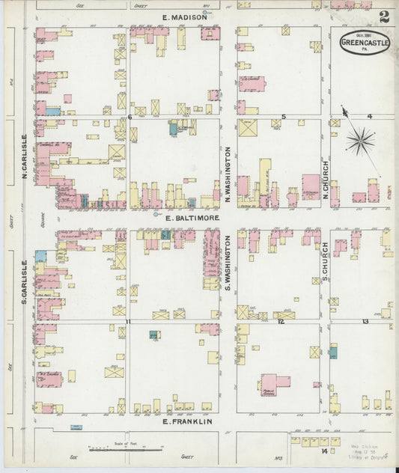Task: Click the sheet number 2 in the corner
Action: (x=384, y=16)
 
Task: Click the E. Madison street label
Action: (x=184, y=16)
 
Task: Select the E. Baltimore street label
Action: (x=192, y=218)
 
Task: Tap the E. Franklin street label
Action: (x=187, y=422)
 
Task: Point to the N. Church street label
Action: (x=326, y=180)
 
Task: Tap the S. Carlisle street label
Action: (x=24, y=281)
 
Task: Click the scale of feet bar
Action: (x=111, y=450)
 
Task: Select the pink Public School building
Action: (x=274, y=383)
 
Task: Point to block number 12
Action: (x=281, y=322)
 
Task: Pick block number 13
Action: (x=365, y=322)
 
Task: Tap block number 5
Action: (x=283, y=117)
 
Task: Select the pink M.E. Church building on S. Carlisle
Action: (x=49, y=379)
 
